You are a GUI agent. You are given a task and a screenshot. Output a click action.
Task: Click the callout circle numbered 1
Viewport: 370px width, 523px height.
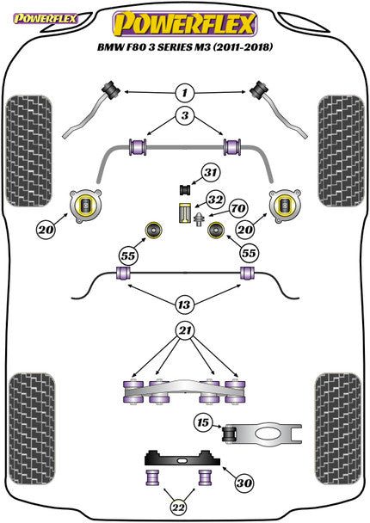coord(183,91)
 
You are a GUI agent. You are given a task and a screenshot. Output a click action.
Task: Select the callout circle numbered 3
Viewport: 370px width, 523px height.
coord(183,114)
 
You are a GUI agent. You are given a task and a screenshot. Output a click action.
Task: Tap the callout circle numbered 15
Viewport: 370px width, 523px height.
coord(202,423)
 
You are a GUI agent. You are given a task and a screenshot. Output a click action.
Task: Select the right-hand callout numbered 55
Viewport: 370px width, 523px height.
coord(250,255)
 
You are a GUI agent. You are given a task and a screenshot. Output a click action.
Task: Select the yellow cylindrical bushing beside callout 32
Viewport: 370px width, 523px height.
coord(182,213)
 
